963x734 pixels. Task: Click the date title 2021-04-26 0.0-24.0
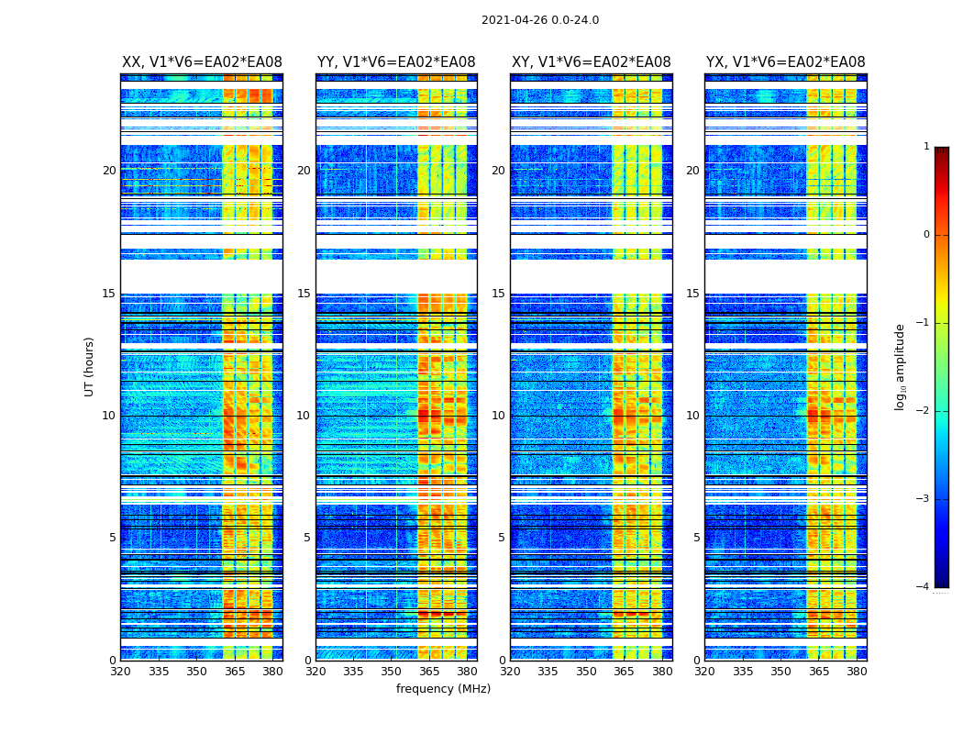tap(540, 20)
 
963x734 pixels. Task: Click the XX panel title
tap(202, 62)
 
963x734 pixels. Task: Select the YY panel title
tap(396, 62)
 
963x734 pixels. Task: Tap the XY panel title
tap(592, 62)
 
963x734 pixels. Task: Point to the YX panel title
tap(786, 62)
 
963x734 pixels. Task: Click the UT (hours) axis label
tap(90, 367)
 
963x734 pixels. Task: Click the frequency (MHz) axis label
tap(443, 689)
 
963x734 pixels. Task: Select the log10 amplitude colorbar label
tap(901, 367)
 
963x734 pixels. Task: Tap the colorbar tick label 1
tap(926, 147)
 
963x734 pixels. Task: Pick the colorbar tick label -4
tap(924, 587)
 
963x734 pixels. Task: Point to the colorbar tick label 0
tap(926, 235)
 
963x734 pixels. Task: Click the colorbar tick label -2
tap(924, 411)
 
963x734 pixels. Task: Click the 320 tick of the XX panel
tap(120, 672)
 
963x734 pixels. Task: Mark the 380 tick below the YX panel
tap(857, 672)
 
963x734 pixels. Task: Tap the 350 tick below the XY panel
tap(586, 672)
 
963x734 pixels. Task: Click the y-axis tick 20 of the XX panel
tap(109, 171)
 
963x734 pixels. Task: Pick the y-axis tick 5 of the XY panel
tap(502, 538)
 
